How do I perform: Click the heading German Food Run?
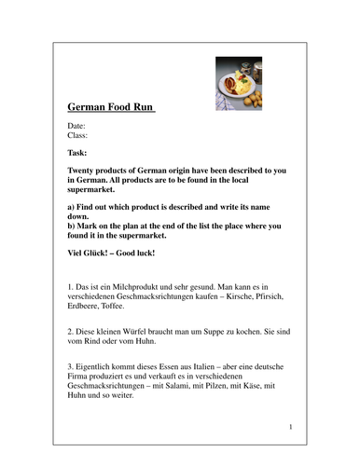coord(112,107)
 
